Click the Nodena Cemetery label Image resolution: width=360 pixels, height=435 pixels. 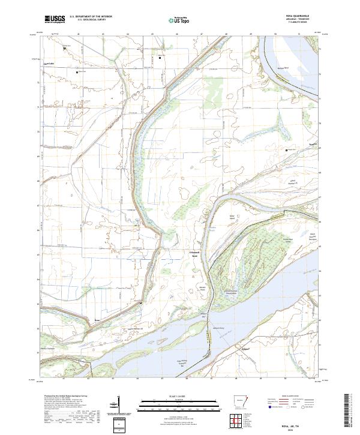pos(47,347)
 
